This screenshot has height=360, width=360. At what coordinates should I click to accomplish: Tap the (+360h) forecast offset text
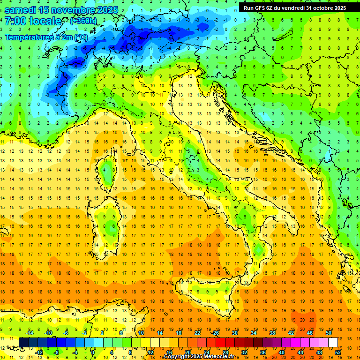pos(83,21)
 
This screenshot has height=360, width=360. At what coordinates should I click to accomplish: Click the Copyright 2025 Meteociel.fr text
pos(202,357)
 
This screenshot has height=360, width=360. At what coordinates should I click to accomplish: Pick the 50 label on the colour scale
pos(328,333)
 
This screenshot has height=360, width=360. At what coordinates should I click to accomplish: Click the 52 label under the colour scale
pos(338,352)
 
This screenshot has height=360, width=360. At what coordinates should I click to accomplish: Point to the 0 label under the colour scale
pos(93,352)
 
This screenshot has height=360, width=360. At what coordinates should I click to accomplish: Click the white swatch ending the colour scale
pos(333,342)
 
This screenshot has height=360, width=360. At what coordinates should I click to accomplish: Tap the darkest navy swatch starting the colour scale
pos(23,342)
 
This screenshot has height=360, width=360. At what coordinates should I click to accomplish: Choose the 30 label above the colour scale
pos(234,333)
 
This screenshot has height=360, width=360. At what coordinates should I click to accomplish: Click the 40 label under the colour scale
pos(282,352)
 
